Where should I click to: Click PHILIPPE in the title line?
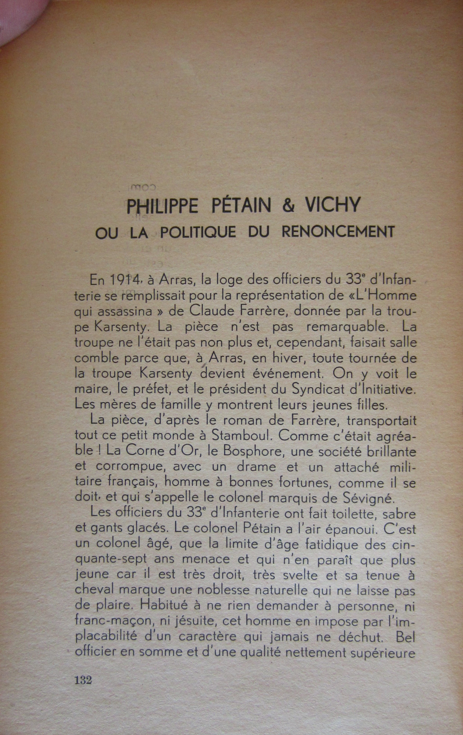click(x=162, y=206)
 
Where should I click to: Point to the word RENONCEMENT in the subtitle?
click(x=338, y=232)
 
